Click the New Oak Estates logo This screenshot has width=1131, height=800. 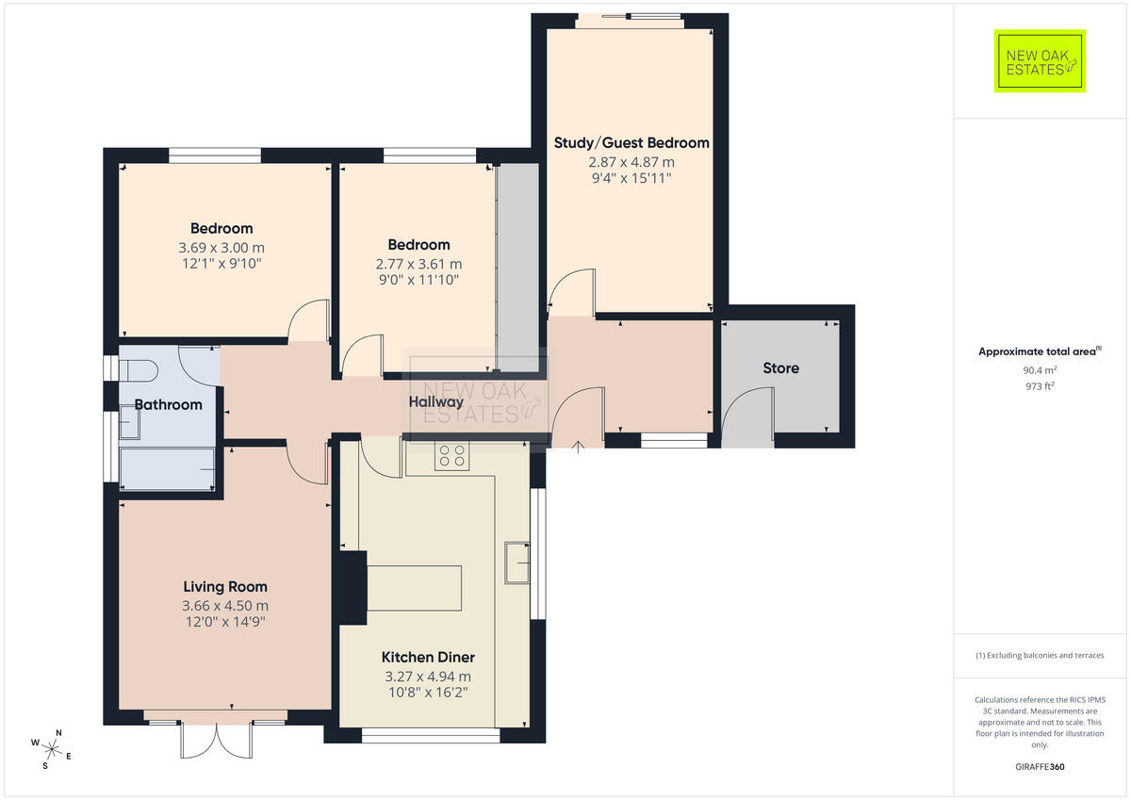tap(1040, 61)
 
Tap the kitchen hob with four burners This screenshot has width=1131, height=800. tap(451, 456)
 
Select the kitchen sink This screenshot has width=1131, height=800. tap(517, 563)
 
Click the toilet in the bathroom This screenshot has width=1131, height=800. tap(139, 371)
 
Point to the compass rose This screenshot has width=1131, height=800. tap(51, 750)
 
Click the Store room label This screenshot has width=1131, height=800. tap(780, 367)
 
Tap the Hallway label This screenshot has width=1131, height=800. tap(435, 401)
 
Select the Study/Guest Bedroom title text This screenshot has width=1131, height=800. tap(631, 143)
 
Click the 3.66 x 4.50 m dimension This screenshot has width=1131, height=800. tap(225, 605)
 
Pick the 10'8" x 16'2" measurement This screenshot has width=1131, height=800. tap(428, 692)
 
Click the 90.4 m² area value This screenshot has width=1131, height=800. tap(1040, 370)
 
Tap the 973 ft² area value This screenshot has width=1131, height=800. tap(1040, 386)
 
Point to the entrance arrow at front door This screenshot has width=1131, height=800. tap(578, 447)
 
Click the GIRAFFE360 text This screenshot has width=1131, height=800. tap(1040, 767)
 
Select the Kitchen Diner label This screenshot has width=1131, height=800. tap(428, 657)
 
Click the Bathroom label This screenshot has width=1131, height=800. tap(168, 404)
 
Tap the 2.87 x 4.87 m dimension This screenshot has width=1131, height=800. tap(631, 162)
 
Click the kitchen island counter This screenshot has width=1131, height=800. tap(414, 588)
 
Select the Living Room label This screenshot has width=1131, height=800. tap(225, 586)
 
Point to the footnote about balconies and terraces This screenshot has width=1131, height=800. tap(1040, 655)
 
